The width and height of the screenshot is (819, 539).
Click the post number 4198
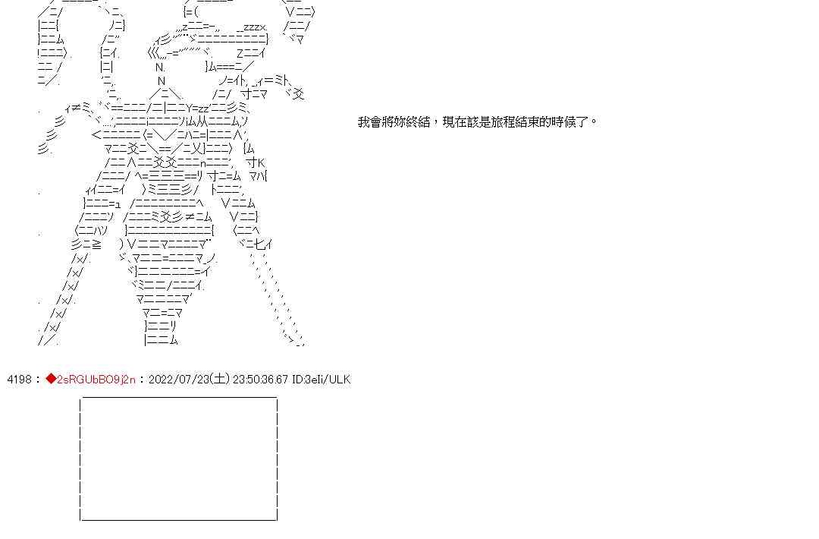[x=19, y=380]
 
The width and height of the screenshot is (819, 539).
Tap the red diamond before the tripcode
[x=51, y=380]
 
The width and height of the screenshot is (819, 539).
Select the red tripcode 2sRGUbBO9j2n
[x=96, y=380]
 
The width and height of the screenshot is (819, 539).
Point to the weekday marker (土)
[x=220, y=380]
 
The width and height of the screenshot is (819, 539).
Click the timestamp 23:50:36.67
[x=260, y=380]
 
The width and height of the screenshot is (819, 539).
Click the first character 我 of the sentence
[x=363, y=121]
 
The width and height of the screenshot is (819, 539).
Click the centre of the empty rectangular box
[x=179, y=459]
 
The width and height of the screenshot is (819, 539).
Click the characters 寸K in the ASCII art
[x=256, y=162]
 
